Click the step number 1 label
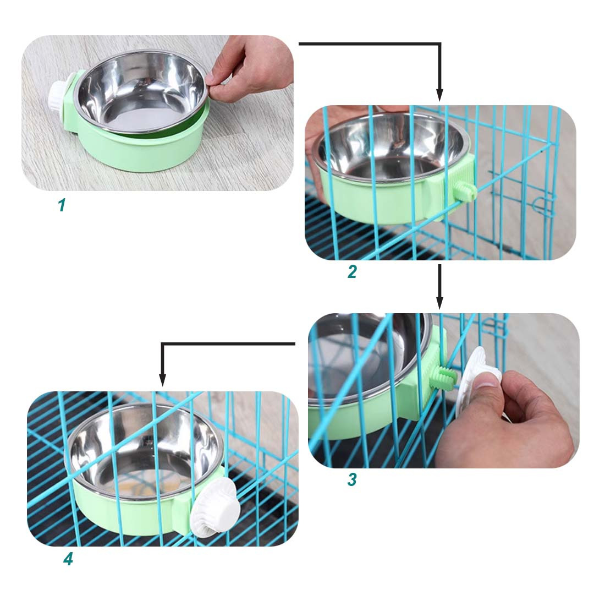[62, 205]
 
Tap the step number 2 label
[352, 272]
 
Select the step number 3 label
[352, 479]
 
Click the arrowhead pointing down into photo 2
[439, 95]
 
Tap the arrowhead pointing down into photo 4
[163, 380]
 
